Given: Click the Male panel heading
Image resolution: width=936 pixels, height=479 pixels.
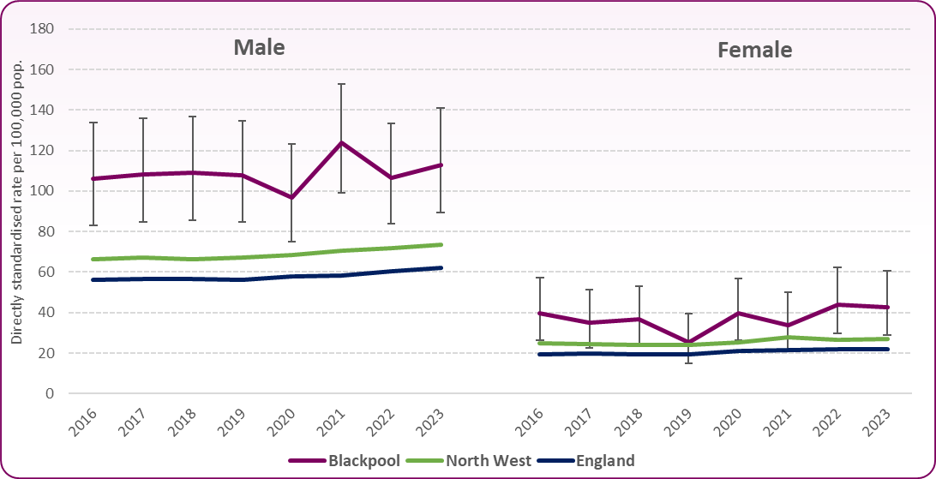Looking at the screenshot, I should [259, 47].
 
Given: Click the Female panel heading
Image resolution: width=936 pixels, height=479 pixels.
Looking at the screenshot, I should [754, 51].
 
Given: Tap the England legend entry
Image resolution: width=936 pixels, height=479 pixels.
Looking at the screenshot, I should [605, 461].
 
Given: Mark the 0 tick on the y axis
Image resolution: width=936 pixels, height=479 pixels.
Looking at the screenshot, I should [49, 394].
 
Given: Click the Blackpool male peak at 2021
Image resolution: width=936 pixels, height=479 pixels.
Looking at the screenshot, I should [342, 142].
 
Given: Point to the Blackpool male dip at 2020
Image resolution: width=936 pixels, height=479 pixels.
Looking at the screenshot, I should [292, 197].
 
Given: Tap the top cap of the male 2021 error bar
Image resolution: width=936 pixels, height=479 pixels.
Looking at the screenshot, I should [342, 84].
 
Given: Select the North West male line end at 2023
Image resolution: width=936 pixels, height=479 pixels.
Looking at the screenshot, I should [441, 244].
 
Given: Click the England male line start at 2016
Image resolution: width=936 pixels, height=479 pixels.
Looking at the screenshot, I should [93, 279].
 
